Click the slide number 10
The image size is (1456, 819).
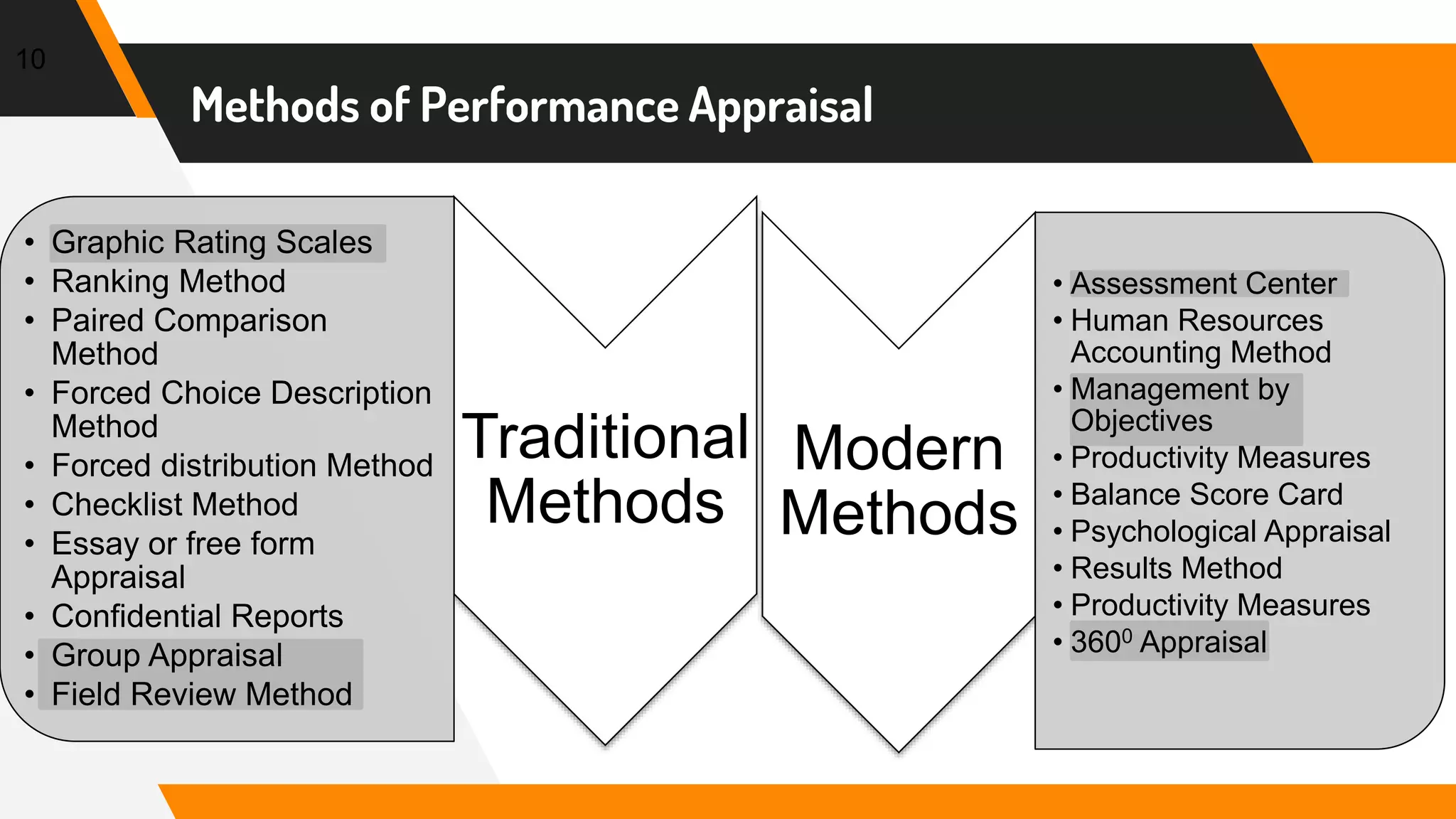pos(31,60)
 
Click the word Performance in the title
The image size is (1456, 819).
pos(550,106)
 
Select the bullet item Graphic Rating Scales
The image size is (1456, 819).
pos(212,242)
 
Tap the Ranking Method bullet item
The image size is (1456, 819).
pos(168,282)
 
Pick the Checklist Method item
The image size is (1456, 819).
pos(175,505)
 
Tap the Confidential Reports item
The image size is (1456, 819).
pos(197,616)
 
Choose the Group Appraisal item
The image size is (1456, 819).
pos(167,655)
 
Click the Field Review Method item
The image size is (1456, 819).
pos(202,695)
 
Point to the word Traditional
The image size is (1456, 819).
pos(605,437)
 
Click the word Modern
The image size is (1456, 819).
pos(898,449)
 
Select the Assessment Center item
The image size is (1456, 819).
pos(1204,284)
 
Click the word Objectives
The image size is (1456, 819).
pos(1141,421)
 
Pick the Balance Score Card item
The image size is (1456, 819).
pos(1206,495)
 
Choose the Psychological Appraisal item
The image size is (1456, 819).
pos(1230,532)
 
